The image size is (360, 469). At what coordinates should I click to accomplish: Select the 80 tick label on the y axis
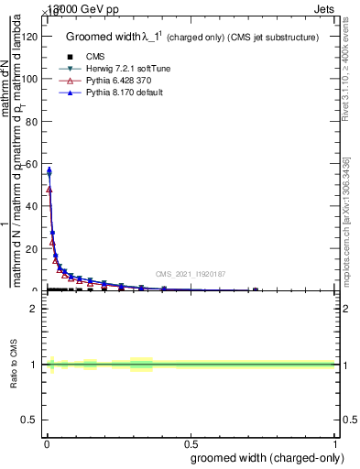click(33, 122)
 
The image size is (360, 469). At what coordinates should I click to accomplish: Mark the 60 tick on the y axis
click(33, 164)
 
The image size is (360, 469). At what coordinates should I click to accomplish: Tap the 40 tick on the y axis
click(33, 206)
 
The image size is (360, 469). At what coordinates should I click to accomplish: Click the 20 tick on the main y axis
click(33, 248)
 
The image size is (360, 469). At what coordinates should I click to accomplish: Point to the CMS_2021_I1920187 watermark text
click(190, 274)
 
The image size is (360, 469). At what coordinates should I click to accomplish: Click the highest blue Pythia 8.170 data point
click(49, 170)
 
